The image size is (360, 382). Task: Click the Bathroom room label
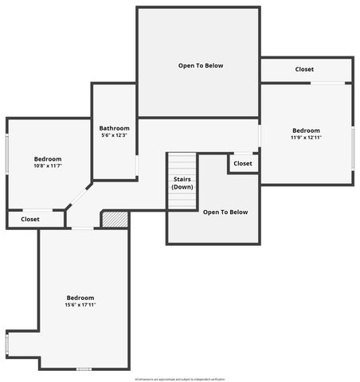(114, 128)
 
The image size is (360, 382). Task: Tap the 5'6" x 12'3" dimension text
(114, 135)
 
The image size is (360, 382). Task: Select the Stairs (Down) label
(182, 183)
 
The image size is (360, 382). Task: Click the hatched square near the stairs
(115, 220)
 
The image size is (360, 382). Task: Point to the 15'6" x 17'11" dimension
(80, 305)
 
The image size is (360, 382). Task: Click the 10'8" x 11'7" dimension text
(48, 166)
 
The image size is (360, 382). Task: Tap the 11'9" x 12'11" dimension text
(306, 138)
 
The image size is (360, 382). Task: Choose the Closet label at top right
(304, 69)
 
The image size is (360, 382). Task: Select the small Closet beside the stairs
(243, 163)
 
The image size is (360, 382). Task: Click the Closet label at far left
(30, 219)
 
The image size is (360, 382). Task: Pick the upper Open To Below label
(201, 65)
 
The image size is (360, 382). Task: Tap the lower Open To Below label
(225, 212)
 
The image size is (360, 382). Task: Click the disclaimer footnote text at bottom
(180, 379)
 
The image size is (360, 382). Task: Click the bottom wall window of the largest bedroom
(84, 368)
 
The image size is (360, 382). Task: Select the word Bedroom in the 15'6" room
(80, 298)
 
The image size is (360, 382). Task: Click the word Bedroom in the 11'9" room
(306, 131)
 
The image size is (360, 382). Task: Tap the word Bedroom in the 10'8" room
(48, 158)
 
